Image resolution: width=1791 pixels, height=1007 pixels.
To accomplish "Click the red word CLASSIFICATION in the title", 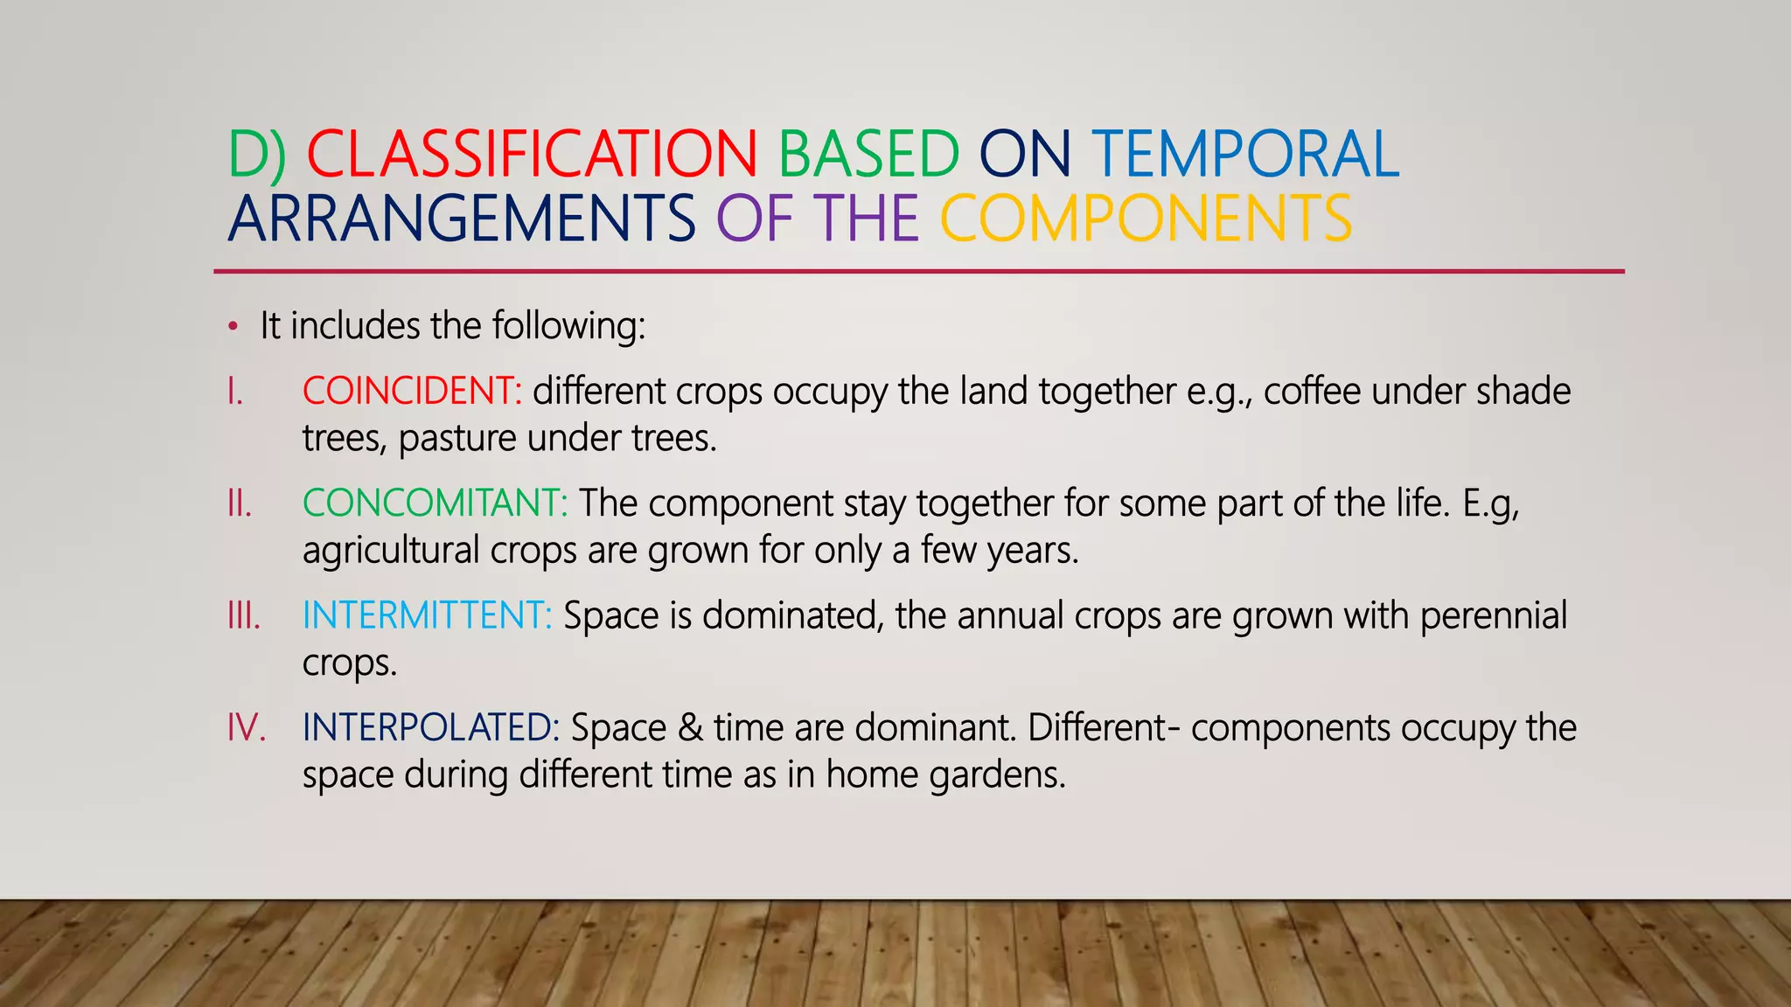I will click(x=531, y=155).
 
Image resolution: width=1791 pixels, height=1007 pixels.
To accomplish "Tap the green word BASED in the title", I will click(x=868, y=155).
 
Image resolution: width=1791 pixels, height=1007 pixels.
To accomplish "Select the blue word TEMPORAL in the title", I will click(x=1245, y=155).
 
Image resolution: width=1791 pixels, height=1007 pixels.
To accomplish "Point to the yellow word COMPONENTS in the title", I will click(x=1146, y=219).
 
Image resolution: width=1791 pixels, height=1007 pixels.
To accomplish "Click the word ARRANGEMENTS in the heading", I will click(x=462, y=219).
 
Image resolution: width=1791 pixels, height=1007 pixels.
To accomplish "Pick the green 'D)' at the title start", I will click(x=257, y=155).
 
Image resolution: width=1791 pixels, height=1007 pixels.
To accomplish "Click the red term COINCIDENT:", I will click(x=412, y=391).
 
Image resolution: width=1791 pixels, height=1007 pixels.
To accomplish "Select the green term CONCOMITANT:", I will click(x=435, y=503).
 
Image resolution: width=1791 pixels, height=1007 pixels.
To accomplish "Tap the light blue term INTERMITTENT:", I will click(x=427, y=615).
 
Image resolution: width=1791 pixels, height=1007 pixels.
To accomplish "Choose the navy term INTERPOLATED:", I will click(x=430, y=727).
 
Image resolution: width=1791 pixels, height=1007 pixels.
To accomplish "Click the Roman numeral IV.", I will click(x=246, y=727).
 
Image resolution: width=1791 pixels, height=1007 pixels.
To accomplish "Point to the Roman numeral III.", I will click(x=243, y=615).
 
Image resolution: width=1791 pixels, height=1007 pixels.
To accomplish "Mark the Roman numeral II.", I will click(x=239, y=503).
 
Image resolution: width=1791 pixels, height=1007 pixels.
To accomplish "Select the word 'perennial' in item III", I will click(x=1493, y=615).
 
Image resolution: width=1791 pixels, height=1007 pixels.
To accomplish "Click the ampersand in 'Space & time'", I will click(x=690, y=727).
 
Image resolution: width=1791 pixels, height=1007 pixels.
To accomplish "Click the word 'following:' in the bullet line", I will click(x=568, y=326).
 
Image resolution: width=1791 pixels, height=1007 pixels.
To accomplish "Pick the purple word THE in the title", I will click(x=866, y=219).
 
